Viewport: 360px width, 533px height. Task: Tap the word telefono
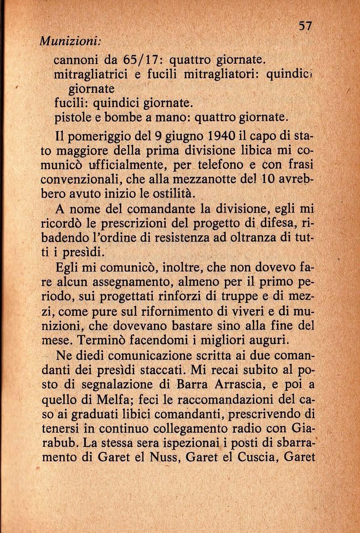click(225, 166)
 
